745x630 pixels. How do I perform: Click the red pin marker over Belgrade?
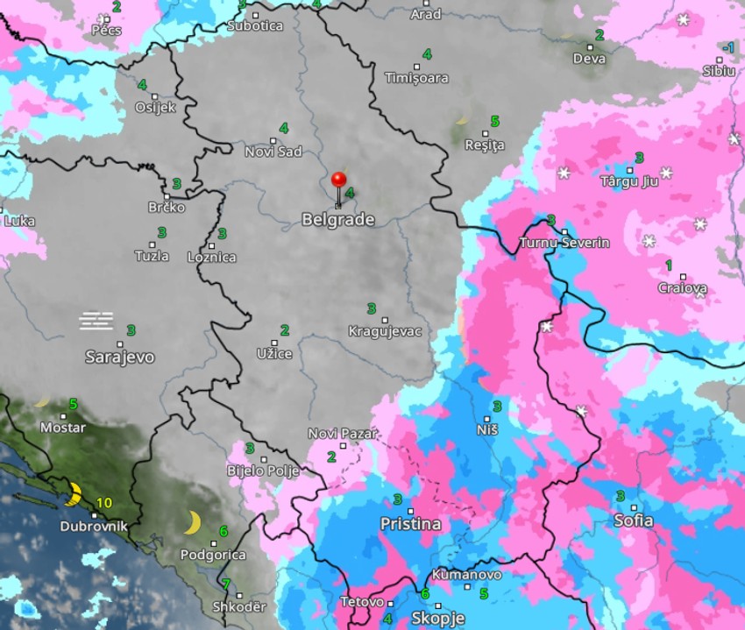point(338,181)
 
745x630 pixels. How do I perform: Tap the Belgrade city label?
point(338,220)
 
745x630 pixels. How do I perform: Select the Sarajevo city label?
point(120,357)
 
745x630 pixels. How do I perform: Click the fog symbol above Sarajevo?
point(96,321)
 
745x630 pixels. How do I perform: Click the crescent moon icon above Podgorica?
point(193,523)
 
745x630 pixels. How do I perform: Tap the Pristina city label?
point(410,524)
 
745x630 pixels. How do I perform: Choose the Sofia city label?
point(634,520)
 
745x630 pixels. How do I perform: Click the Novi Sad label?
point(273,152)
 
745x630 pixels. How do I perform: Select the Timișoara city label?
point(417,78)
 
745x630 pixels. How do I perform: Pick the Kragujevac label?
point(385,331)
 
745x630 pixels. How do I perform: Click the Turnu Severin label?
point(564,242)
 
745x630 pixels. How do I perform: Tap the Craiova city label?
point(683,287)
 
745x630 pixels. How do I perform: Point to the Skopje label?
point(437,618)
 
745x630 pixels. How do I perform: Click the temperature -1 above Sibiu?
point(727,47)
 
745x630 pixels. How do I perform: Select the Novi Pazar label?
point(343,434)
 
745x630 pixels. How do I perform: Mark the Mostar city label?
point(63,428)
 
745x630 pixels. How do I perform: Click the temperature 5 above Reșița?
point(494,121)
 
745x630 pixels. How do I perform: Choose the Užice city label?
point(274,353)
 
